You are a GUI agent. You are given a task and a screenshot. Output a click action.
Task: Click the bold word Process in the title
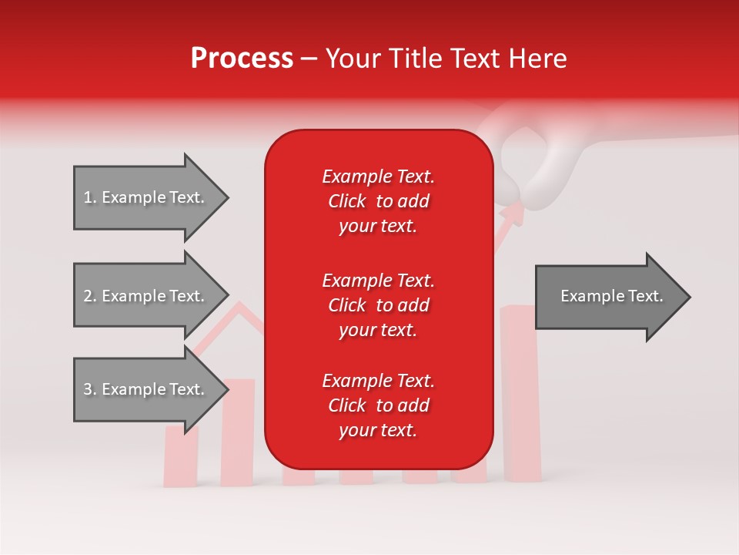point(242,59)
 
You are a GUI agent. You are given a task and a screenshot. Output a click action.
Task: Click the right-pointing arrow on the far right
point(612,297)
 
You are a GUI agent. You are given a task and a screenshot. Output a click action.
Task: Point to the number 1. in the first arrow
point(90,197)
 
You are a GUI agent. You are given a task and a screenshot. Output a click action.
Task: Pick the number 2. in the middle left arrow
point(90,296)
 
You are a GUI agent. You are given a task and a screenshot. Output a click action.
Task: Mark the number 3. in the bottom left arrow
point(90,389)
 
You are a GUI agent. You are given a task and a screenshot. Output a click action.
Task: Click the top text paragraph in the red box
point(378,201)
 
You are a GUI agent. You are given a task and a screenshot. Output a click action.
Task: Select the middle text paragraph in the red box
point(378,305)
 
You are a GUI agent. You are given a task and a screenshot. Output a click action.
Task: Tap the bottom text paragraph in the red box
point(378,405)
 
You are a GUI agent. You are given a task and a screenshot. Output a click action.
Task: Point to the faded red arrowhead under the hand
point(514,211)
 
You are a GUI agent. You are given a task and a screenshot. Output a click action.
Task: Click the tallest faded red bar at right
point(520,393)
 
